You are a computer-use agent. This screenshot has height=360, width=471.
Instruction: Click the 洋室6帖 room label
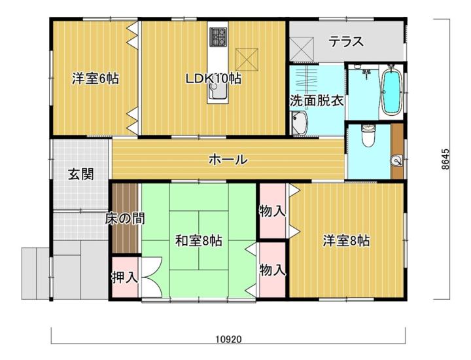point(96,79)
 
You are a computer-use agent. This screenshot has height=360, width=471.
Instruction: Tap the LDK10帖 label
point(213,79)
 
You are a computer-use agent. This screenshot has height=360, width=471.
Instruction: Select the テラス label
point(346,41)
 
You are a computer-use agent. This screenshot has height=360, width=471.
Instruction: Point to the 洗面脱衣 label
point(317,101)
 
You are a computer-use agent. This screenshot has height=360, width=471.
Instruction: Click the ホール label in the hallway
point(228,159)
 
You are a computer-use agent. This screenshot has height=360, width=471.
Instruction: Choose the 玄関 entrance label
point(81,174)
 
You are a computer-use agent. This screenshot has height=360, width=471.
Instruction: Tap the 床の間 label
point(125,219)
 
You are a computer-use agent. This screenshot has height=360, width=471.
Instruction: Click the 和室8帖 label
point(199,240)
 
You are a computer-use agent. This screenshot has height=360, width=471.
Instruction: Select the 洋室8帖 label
point(346,240)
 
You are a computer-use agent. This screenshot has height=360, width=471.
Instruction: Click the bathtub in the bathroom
point(391,91)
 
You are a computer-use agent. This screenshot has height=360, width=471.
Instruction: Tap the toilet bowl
point(368,136)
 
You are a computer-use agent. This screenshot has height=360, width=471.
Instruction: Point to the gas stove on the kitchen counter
point(218,37)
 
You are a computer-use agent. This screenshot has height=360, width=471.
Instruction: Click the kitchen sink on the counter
point(217,91)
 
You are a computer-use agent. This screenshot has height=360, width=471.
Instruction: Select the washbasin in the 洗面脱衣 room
point(299,124)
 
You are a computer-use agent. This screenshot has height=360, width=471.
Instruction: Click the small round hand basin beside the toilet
point(397,162)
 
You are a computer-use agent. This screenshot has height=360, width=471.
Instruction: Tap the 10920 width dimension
point(228,340)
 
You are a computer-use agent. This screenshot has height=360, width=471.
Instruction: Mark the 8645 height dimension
point(446,159)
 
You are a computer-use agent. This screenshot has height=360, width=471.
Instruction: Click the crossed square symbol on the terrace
point(302,48)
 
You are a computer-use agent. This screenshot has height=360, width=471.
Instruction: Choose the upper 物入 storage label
point(272,211)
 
